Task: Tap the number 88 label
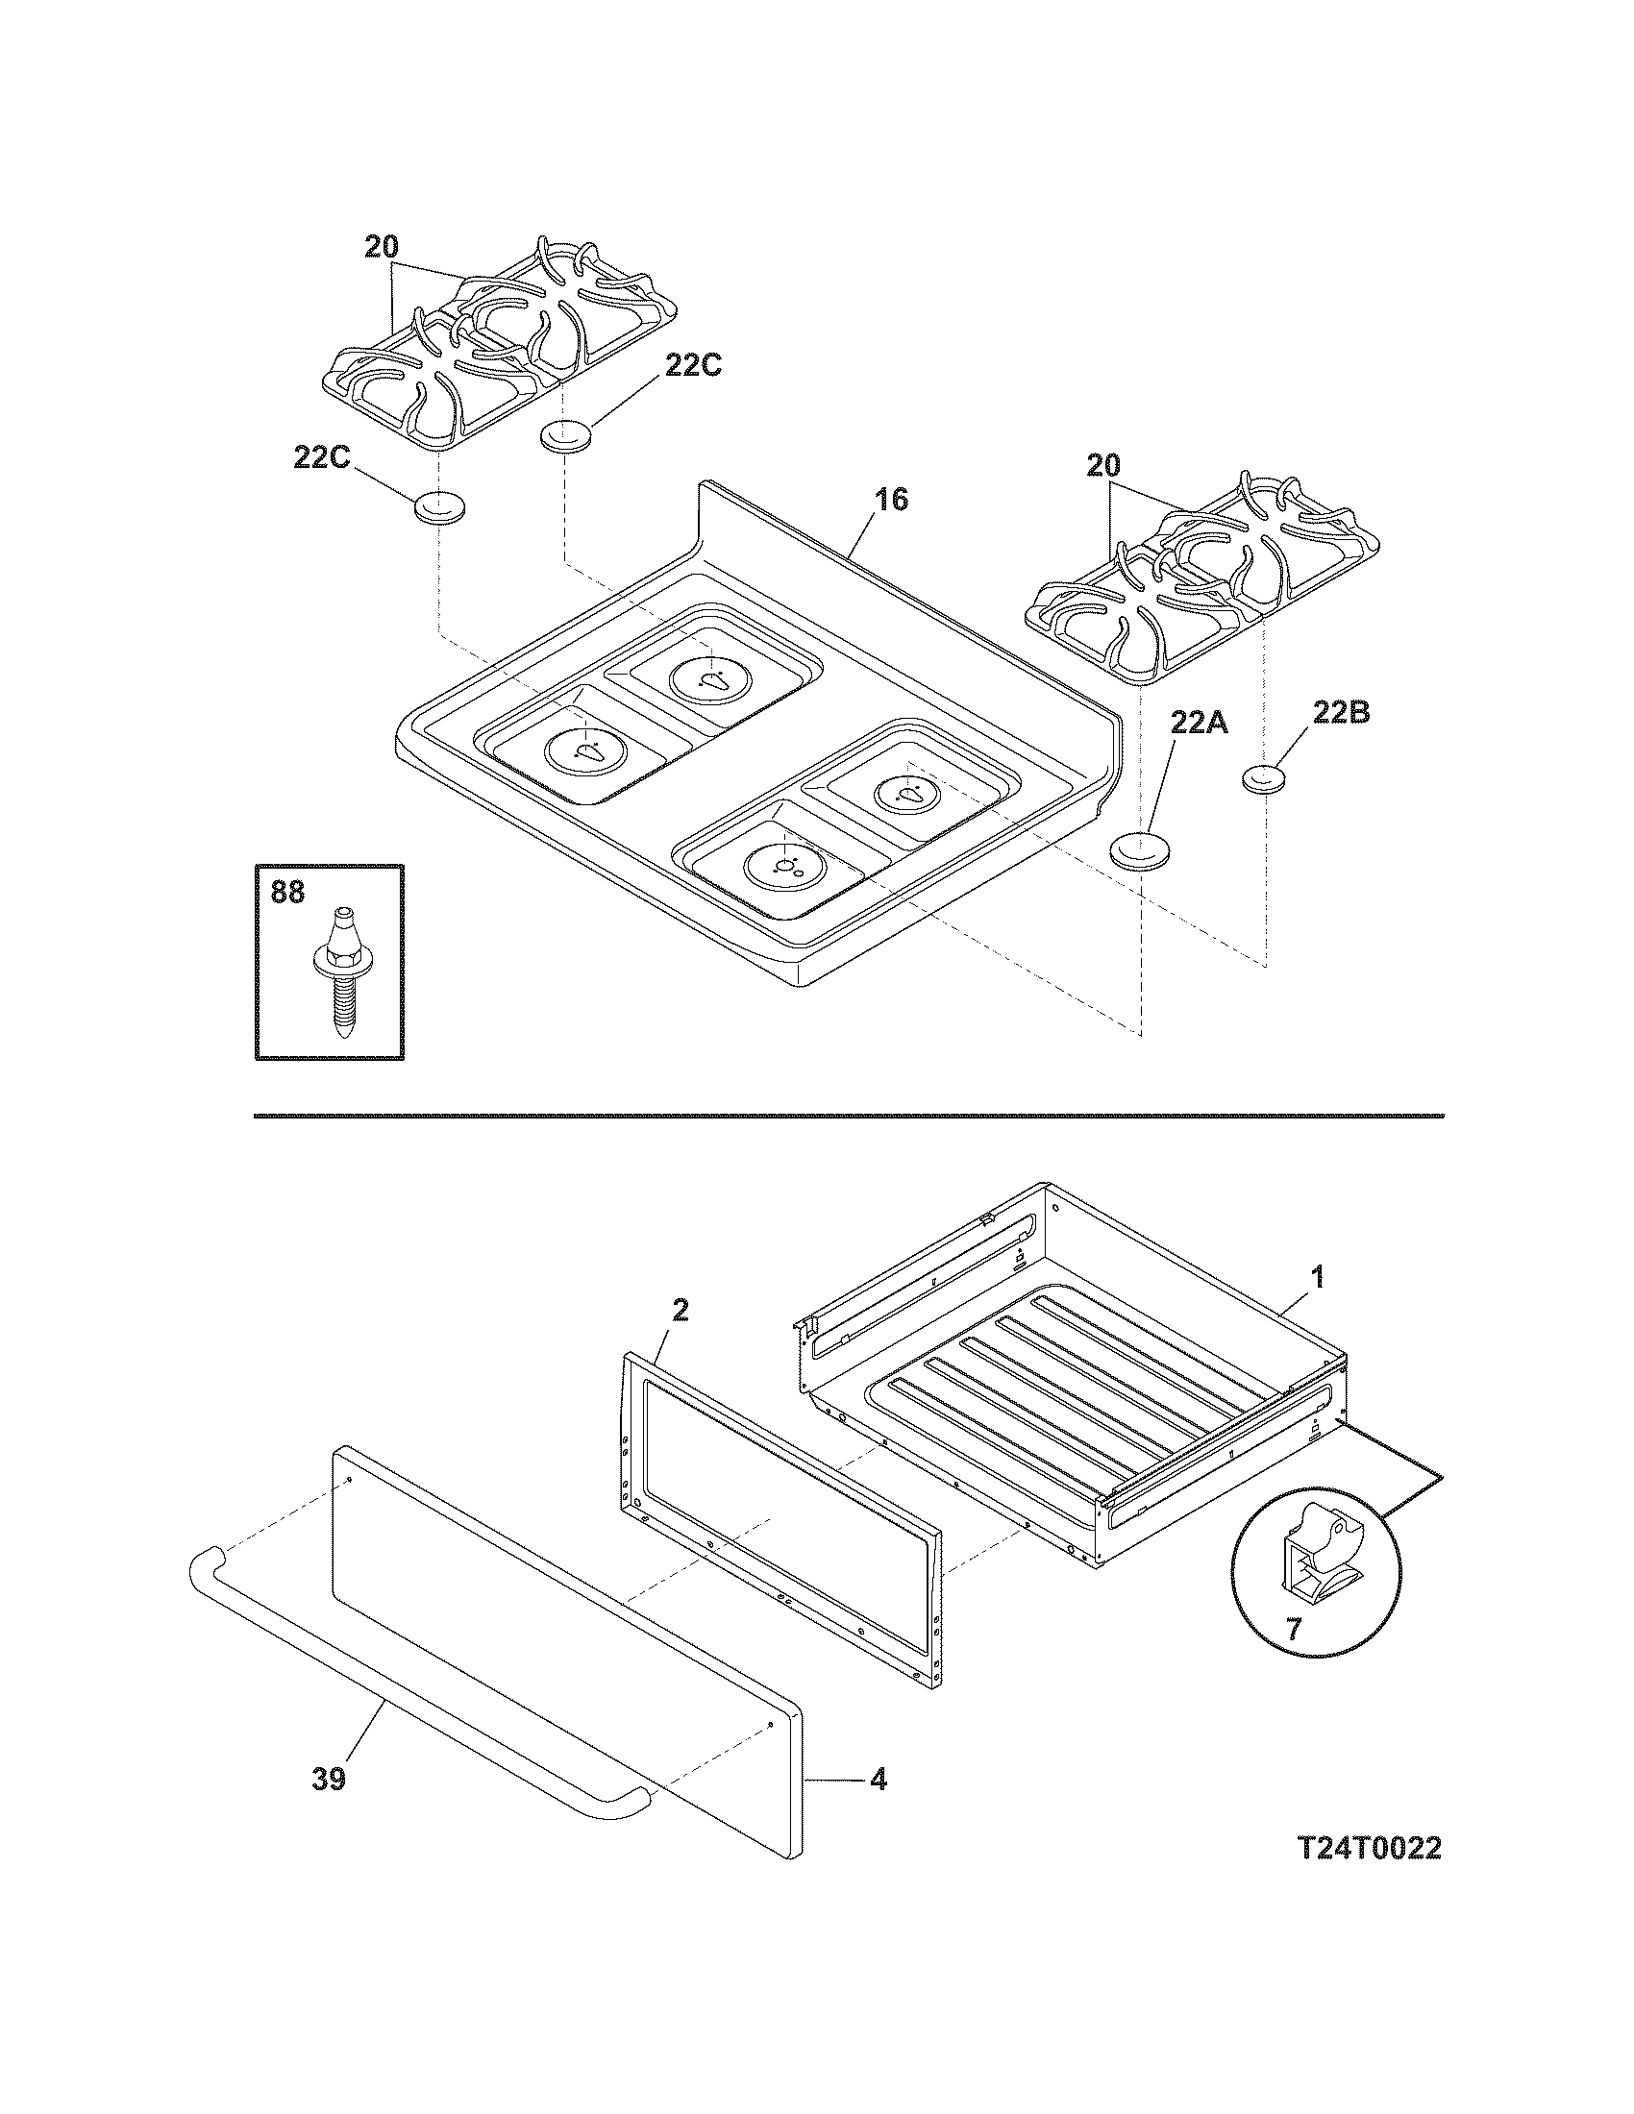point(287,892)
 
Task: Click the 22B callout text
point(1340,713)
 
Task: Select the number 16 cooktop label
point(892,500)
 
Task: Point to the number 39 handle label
point(329,1779)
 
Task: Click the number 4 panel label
point(877,1779)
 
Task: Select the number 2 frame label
point(680,1311)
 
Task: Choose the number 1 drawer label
point(1317,1278)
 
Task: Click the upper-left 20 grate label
point(382,247)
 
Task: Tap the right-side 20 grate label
point(1102,466)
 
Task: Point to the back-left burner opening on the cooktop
point(712,675)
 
